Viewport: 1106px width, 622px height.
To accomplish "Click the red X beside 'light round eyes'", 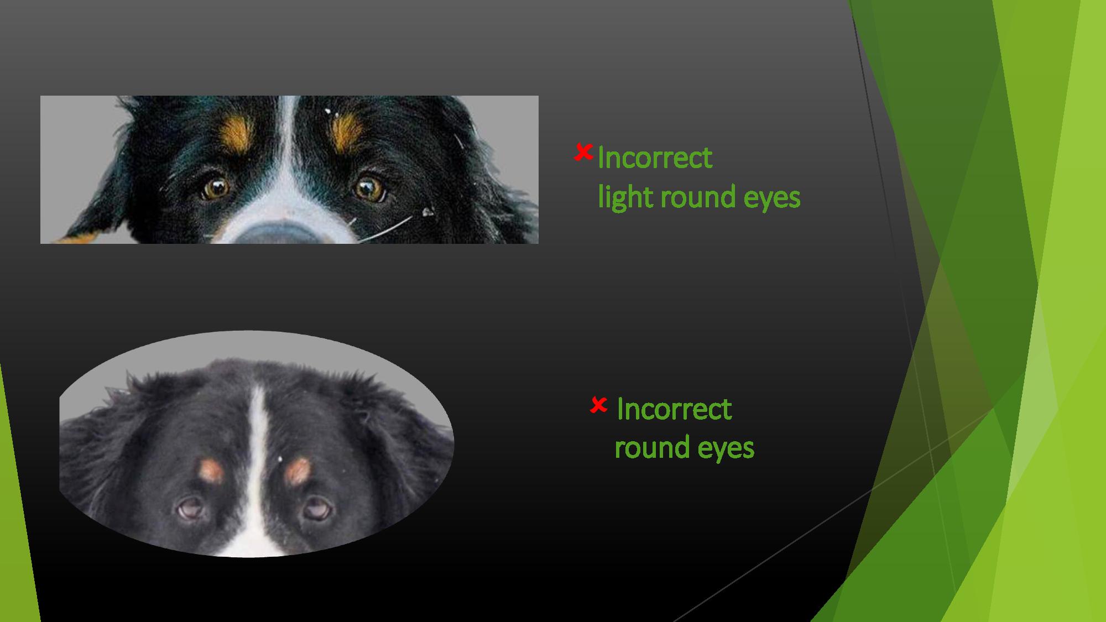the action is pos(583,153).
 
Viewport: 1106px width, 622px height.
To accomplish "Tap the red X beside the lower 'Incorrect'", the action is pos(598,405).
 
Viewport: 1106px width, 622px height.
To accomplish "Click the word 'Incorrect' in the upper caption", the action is pos(655,158).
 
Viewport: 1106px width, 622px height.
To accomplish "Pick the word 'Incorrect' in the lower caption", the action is pos(674,410).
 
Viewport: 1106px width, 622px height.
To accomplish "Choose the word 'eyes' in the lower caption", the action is pos(726,450).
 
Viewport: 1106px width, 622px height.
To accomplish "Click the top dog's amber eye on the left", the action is pos(216,188).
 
